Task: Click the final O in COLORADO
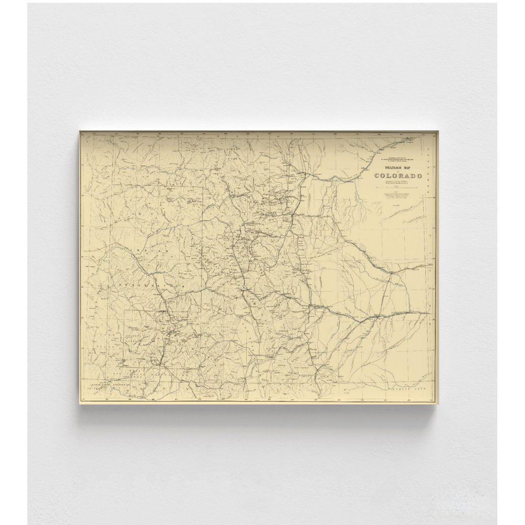click(x=420, y=175)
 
